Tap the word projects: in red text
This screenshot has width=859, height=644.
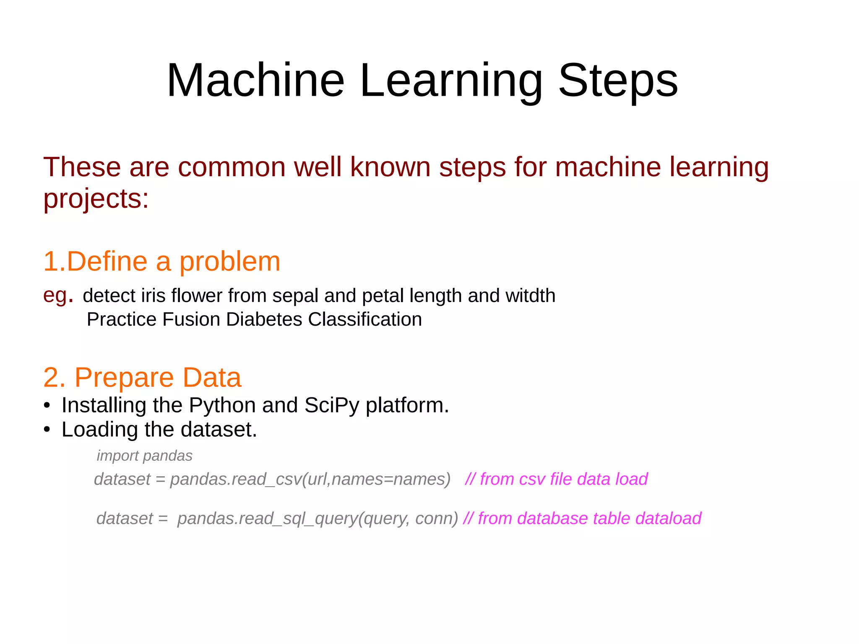pos(96,198)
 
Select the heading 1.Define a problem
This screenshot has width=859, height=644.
pos(162,261)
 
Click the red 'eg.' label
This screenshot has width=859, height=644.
pos(58,295)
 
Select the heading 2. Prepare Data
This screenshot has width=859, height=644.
pos(142,377)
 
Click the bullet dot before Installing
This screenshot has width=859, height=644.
pos(47,406)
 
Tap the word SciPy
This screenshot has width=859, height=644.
pos(331,406)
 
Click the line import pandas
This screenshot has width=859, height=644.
pos(144,456)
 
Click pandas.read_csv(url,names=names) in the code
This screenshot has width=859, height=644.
pos(310,479)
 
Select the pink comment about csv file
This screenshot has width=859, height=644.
pos(556,479)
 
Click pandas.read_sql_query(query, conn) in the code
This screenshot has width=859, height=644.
pos(318,519)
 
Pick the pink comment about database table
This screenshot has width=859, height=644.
pos(582,519)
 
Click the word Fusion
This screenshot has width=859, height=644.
pos(191,319)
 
